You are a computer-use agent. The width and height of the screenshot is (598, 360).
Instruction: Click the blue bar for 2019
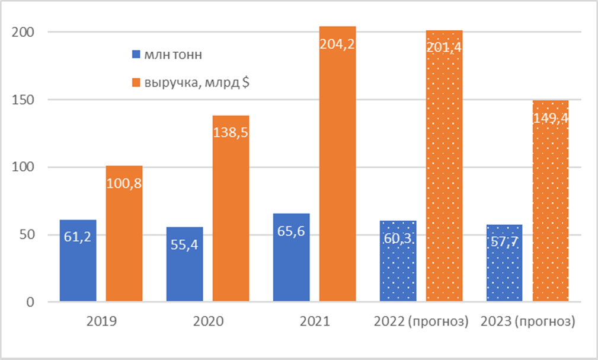78,260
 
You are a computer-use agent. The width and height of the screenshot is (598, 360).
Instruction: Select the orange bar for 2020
231,208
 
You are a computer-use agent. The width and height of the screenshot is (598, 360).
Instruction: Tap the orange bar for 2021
337,164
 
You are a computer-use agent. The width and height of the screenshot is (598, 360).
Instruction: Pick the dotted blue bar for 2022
398,261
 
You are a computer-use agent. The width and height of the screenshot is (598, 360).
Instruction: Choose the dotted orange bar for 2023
551,201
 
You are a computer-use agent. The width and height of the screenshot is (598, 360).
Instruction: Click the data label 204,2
337,44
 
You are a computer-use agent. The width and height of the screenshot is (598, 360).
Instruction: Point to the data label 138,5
231,132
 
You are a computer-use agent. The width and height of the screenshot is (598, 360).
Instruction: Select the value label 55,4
184,245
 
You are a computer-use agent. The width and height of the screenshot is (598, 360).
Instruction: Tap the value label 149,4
551,119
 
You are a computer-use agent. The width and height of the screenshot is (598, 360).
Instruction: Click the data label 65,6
291,231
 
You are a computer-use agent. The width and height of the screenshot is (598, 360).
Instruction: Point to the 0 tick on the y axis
30,302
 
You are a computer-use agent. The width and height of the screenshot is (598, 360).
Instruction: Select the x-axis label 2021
315,321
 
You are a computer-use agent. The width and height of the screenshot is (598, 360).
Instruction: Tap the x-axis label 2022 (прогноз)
421,321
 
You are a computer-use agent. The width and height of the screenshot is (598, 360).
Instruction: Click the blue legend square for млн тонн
136,54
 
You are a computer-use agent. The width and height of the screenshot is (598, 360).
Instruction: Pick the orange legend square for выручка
136,82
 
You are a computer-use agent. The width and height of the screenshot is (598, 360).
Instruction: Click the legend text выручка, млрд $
197,82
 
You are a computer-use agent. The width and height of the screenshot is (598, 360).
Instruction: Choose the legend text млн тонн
173,55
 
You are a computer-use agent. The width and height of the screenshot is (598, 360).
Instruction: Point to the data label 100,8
124,184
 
